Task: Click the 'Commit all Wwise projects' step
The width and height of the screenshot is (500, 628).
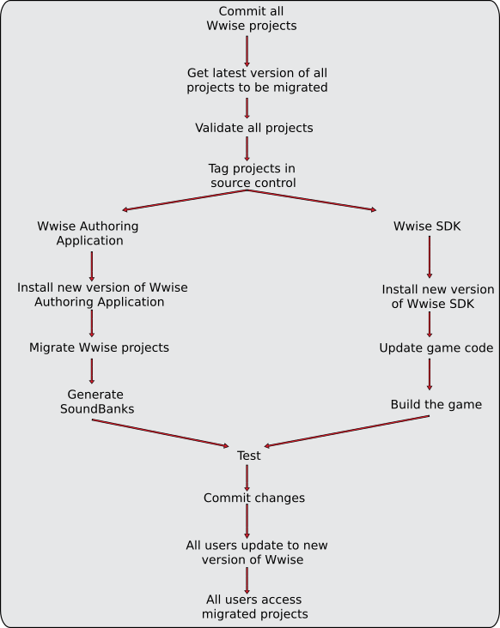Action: [x=252, y=18]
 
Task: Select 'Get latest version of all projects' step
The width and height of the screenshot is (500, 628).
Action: [x=257, y=80]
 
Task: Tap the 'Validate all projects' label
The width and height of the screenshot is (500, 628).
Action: [x=253, y=128]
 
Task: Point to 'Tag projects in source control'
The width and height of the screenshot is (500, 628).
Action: [x=253, y=175]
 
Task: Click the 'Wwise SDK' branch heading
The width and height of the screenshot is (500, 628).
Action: [x=427, y=226]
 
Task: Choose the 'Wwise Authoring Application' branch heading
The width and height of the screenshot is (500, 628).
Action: [x=88, y=233]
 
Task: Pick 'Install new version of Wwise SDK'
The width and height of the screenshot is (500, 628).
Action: [x=437, y=296]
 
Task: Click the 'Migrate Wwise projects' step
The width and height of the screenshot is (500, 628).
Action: [x=99, y=347]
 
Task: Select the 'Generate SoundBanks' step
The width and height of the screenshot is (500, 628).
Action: [x=96, y=402]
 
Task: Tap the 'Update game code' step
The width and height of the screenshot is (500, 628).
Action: [x=436, y=347]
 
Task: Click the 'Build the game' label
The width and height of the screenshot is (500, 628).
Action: [x=436, y=405]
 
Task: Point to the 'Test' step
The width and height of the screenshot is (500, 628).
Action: [x=248, y=456]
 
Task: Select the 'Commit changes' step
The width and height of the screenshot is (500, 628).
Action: [x=254, y=498]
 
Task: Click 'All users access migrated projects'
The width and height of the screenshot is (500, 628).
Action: [x=254, y=607]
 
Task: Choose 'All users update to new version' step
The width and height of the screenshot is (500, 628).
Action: [x=257, y=553]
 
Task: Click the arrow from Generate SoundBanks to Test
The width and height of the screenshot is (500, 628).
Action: [x=161, y=433]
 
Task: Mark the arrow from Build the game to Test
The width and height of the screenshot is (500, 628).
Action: [x=347, y=431]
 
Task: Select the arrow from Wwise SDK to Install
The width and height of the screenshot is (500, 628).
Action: [x=430, y=257]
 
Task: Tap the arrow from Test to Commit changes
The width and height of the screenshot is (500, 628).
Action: [x=247, y=478]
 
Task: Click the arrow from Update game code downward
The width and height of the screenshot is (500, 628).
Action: [x=430, y=374]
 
